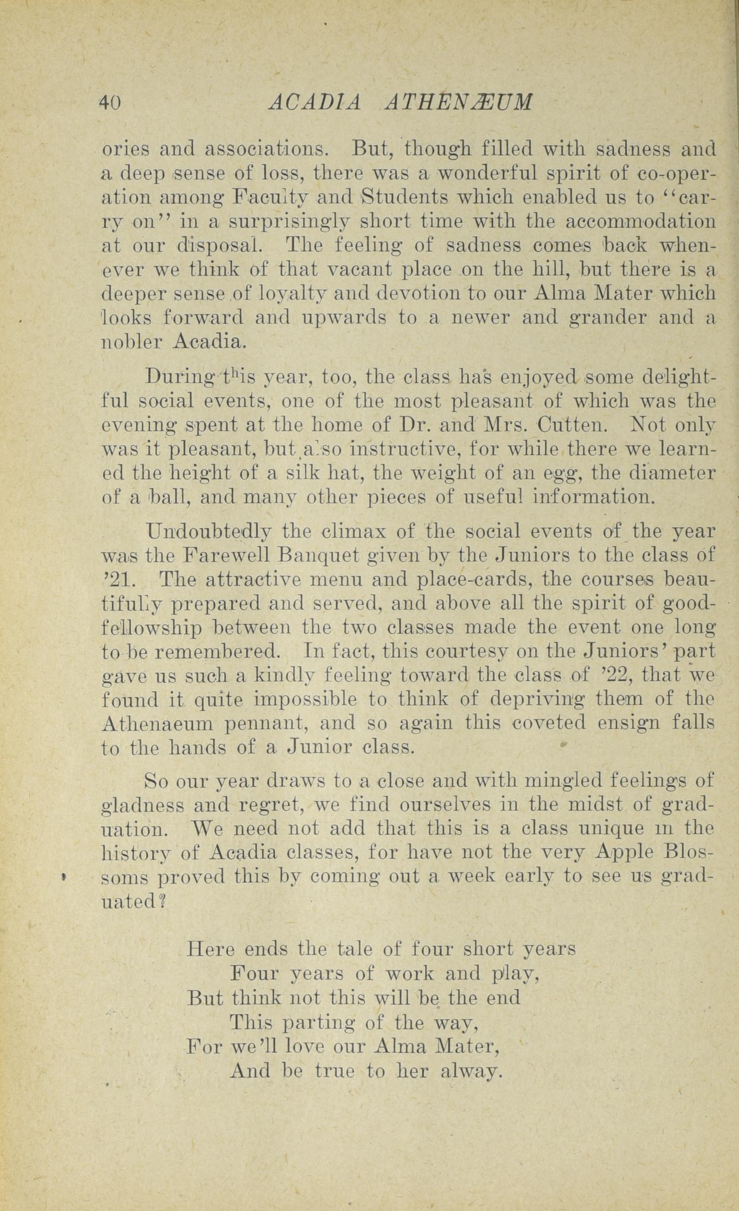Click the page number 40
coord(110,102)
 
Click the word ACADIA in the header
coord(315,102)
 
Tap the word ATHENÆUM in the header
coord(459,102)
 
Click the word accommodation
coord(640,222)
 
